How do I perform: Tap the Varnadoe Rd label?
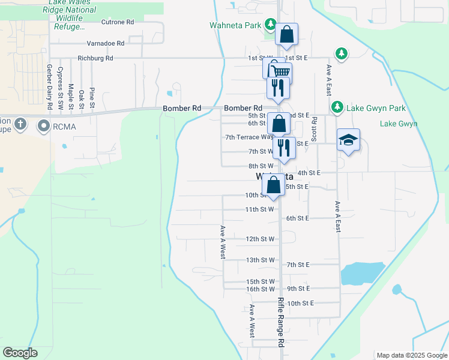(105, 43)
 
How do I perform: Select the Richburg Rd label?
(95, 58)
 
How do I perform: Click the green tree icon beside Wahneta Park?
(271, 25)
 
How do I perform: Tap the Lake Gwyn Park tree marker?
(337, 107)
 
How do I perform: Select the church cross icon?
(20, 125)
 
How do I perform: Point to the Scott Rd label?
(314, 128)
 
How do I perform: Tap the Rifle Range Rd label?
(280, 322)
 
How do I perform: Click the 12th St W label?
(260, 239)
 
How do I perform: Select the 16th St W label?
(260, 289)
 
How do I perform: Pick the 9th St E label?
(298, 289)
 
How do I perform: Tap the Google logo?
(20, 353)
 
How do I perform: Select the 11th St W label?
(260, 209)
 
